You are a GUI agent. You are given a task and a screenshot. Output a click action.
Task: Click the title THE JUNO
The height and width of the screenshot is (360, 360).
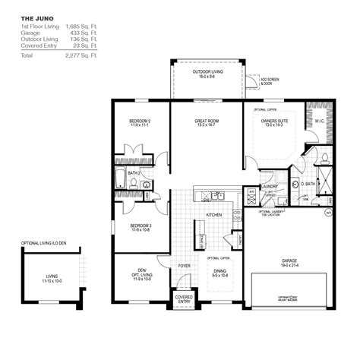click(34, 17)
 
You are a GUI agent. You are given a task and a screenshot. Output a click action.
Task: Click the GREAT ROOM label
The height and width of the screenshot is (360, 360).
click(206, 122)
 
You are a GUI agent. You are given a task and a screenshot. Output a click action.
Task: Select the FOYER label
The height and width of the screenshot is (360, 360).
click(184, 266)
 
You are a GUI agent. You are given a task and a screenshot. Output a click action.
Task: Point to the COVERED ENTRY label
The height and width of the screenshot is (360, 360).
click(183, 299)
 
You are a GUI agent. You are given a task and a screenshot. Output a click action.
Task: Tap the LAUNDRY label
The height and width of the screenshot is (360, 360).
click(268, 185)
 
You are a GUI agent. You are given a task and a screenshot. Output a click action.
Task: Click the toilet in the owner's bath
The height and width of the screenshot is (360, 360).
click(324, 158)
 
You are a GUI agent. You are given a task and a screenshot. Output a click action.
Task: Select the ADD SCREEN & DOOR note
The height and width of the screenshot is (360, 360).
click(270, 81)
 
